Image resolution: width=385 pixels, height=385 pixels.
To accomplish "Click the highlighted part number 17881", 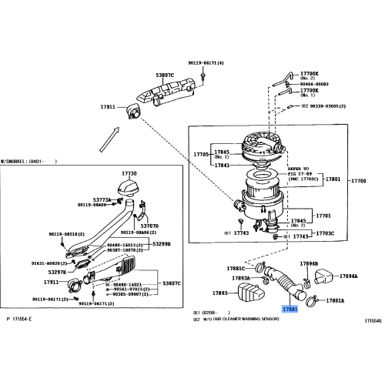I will pyautogui.click(x=292, y=308).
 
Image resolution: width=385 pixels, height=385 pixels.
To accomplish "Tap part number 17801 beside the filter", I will pyautogui.click(x=333, y=179).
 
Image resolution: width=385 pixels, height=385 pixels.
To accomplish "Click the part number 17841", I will pyautogui.click(x=222, y=165).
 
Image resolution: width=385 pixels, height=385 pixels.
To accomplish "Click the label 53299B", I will pyautogui.click(x=161, y=244).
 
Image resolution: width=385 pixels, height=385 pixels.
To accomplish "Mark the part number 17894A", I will pyautogui.click(x=350, y=276).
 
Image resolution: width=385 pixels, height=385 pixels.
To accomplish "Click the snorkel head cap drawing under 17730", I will pyautogui.click(x=125, y=186).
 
